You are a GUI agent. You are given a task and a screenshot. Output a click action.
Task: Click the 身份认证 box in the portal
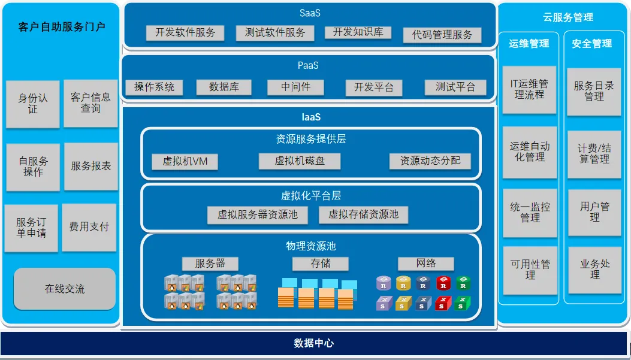(33, 104)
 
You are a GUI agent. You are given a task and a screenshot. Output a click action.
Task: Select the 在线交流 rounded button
(65, 289)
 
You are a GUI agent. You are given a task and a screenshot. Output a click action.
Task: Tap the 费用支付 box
(89, 227)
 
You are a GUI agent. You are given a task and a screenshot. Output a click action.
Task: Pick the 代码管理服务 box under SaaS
(442, 35)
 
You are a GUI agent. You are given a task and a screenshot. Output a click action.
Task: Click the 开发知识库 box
(358, 32)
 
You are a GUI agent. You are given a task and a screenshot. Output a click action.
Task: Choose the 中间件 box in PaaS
(296, 87)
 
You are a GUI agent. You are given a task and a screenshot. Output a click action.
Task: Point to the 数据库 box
(224, 87)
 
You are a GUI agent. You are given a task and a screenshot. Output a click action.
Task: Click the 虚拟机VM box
(189, 161)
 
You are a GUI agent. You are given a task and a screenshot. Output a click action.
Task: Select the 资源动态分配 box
(430, 161)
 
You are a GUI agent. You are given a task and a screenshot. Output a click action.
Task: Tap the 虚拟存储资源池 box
(364, 214)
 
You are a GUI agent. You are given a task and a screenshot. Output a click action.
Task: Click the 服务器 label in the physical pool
(210, 264)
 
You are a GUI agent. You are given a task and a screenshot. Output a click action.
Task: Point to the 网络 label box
(425, 264)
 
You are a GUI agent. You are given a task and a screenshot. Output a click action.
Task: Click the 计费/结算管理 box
(594, 154)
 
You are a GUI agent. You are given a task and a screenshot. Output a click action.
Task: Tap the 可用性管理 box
(530, 270)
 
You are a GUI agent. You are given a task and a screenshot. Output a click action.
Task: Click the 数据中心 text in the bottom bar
(314, 343)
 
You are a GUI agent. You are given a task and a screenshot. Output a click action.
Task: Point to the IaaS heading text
(311, 117)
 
